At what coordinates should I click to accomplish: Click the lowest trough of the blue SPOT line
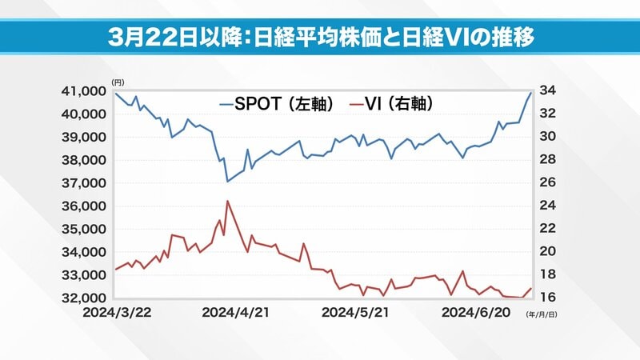(x=227, y=182)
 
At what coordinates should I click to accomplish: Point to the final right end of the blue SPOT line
(x=530, y=94)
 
